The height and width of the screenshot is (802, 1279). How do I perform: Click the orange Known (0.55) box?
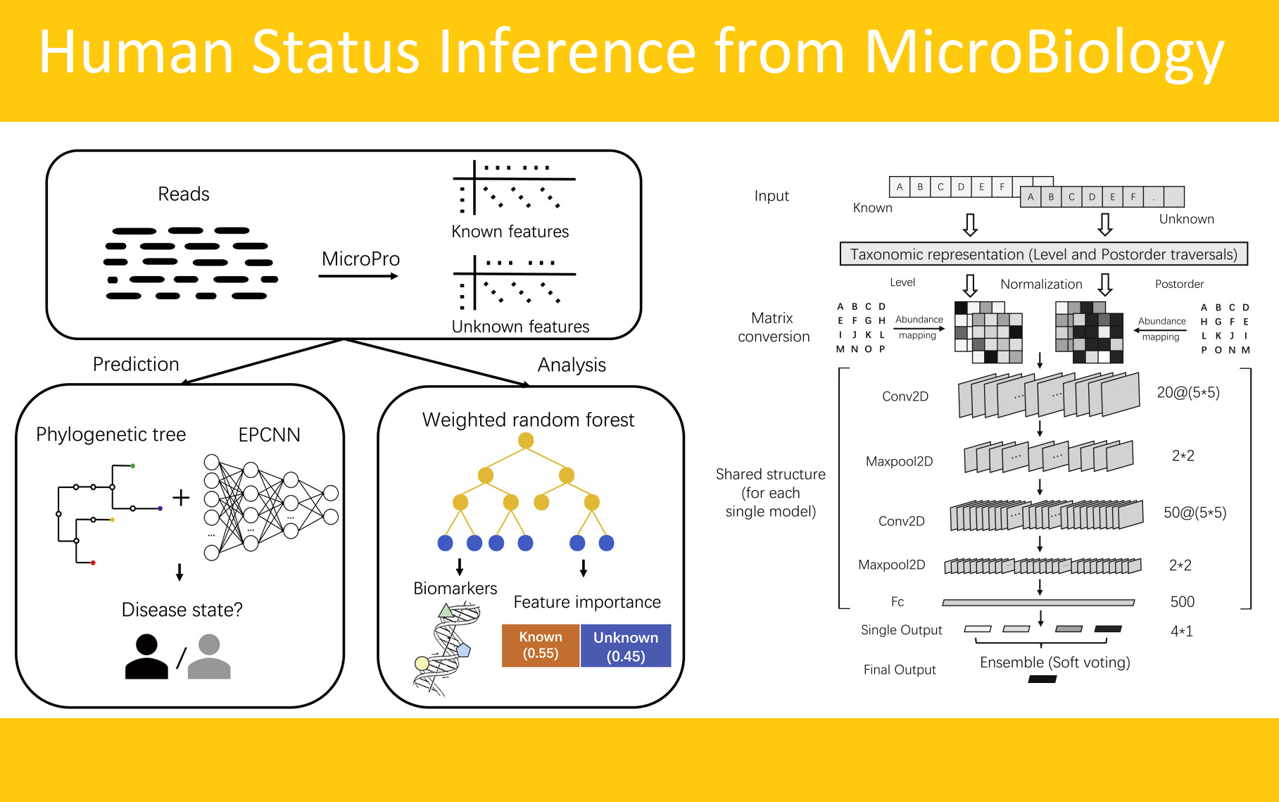point(541,645)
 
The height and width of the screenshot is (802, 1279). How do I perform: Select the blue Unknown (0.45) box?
point(625,646)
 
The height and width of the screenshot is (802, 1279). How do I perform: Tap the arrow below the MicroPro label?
point(358,276)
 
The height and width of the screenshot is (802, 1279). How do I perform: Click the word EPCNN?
point(269,434)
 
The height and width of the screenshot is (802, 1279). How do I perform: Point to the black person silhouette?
point(146,656)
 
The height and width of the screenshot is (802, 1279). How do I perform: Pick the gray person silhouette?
point(209,656)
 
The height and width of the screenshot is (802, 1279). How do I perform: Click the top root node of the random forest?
point(525,441)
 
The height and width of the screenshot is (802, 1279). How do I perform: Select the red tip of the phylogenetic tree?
point(93,563)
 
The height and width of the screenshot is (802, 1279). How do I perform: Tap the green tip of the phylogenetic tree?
point(132,466)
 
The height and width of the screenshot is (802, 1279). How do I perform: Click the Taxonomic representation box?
point(1043,254)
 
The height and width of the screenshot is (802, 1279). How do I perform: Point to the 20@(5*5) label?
point(1188,392)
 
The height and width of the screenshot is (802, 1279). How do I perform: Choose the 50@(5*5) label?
point(1195,513)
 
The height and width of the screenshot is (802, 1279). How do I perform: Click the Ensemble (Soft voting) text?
point(1054,662)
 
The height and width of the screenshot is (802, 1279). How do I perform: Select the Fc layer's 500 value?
point(1182,601)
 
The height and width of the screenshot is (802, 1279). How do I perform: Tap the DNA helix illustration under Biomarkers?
point(446,648)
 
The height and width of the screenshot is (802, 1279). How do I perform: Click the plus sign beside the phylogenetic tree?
point(181,498)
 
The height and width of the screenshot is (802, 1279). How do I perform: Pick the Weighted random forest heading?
point(528,420)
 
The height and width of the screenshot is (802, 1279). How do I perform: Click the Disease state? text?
point(182,610)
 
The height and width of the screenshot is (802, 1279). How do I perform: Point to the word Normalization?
point(1041,284)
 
